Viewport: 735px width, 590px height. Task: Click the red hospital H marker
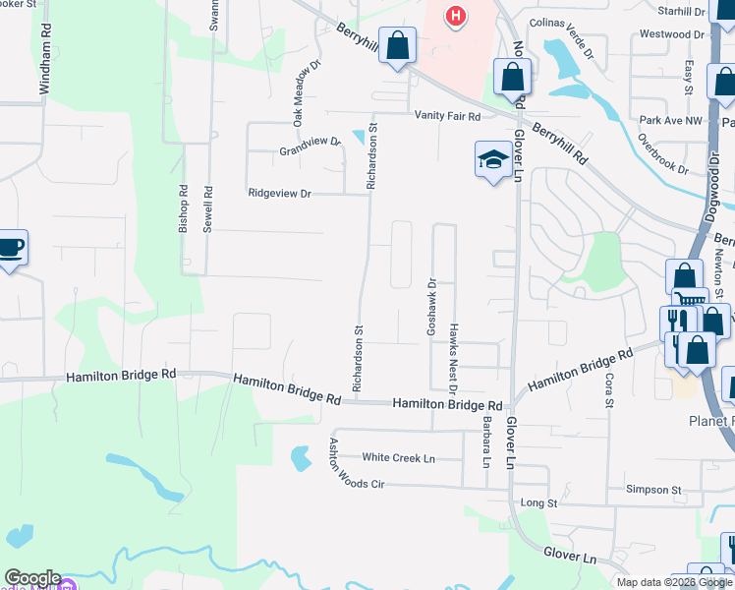pyautogui.click(x=454, y=16)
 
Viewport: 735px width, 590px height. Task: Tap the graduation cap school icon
pyautogui.click(x=492, y=159)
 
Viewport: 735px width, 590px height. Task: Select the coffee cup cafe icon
pyautogui.click(x=10, y=248)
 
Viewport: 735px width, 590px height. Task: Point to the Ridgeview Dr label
pyautogui.click(x=279, y=194)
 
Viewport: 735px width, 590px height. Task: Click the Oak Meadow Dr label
pyautogui.click(x=306, y=94)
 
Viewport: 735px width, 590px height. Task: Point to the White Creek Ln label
pyautogui.click(x=398, y=458)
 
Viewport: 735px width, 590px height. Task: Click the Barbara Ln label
pyautogui.click(x=485, y=441)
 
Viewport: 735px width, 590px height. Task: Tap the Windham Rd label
pyautogui.click(x=43, y=67)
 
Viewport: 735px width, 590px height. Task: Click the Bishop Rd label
pyautogui.click(x=183, y=207)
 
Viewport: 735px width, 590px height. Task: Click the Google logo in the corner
pyautogui.click(x=32, y=578)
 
